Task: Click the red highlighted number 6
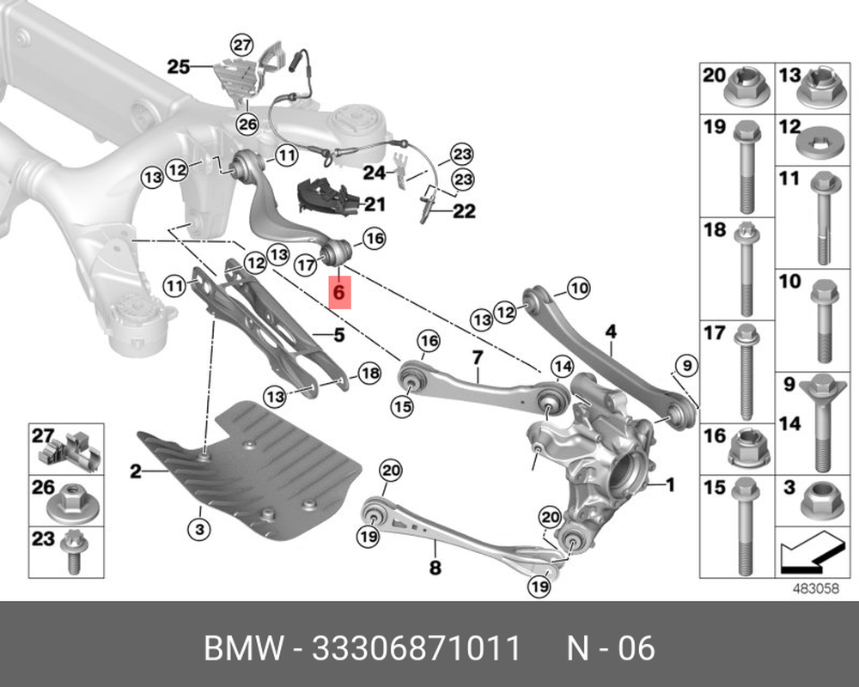click(338, 292)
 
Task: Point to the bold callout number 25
click(179, 65)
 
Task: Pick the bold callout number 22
click(463, 210)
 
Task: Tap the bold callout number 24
click(374, 173)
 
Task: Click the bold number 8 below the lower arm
click(435, 567)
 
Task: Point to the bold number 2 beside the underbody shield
click(135, 470)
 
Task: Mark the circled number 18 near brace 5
click(368, 373)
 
